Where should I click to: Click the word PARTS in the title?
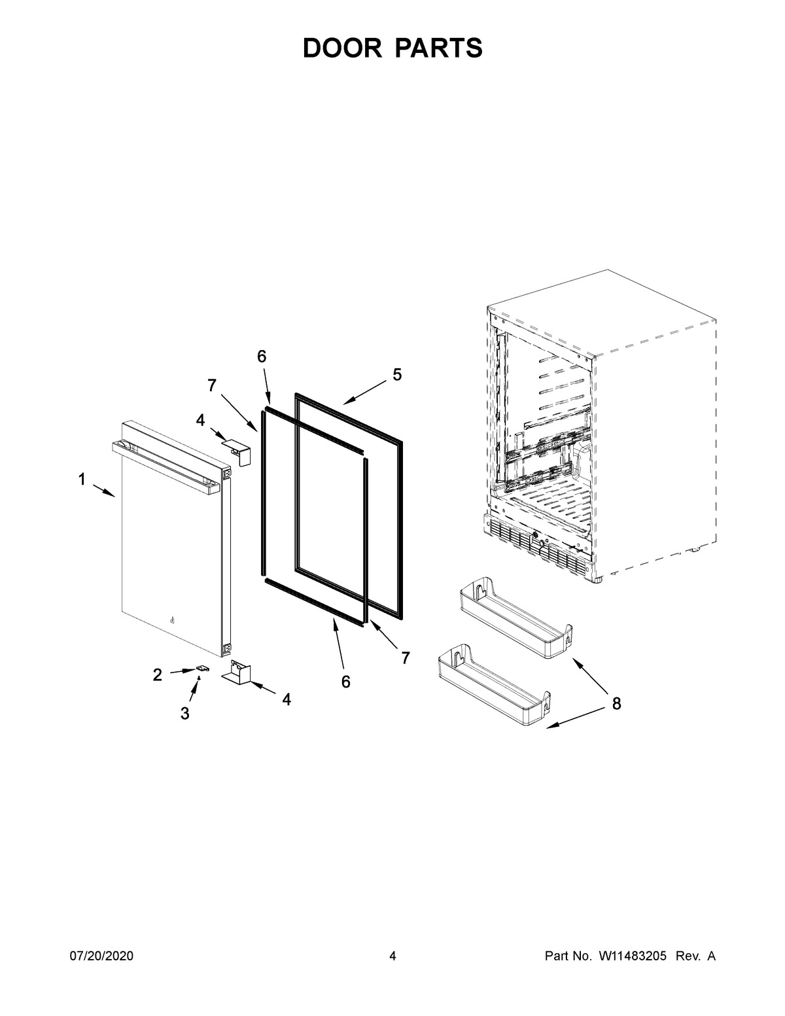pyautogui.click(x=439, y=48)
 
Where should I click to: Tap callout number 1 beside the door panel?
pyautogui.click(x=82, y=480)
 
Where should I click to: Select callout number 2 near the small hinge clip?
pyautogui.click(x=158, y=675)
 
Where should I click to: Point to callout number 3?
pyautogui.click(x=185, y=713)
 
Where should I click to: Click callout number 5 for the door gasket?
pyautogui.click(x=397, y=375)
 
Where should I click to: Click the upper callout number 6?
pyautogui.click(x=262, y=357)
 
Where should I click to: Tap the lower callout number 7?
pyautogui.click(x=406, y=657)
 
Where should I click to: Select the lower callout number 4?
pyautogui.click(x=287, y=699)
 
